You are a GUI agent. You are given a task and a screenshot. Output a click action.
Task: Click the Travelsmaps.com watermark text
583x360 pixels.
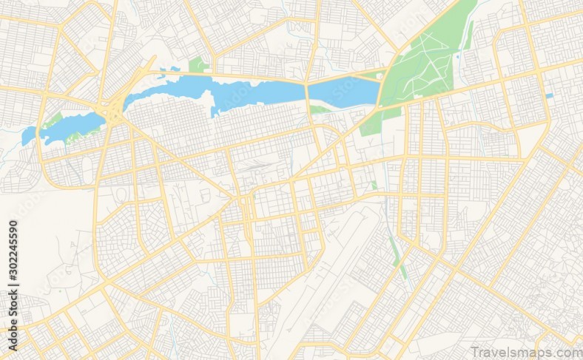coord(525,351)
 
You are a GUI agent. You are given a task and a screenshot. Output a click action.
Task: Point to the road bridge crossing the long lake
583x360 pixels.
coord(306,92)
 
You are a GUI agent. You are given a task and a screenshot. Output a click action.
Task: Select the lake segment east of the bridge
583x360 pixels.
coord(344,92)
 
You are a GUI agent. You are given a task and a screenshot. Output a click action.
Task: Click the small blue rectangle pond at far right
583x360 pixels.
coord(549,95)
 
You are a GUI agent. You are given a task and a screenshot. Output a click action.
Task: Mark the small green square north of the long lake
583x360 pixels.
coord(196,65)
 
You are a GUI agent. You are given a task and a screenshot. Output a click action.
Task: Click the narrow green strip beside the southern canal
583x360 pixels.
coord(399,259)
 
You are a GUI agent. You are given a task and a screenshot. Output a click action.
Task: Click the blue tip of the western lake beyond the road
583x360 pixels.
coord(28,137)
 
